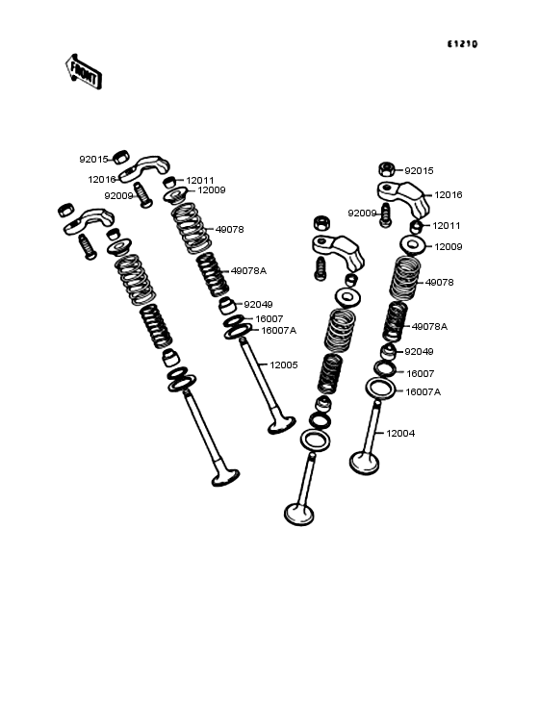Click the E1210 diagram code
tap(461, 44)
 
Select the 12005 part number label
tap(283, 365)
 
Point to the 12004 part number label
tap(400, 433)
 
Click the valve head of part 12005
tap(281, 423)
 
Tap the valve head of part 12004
tap(364, 463)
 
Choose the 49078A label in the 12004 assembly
tap(429, 326)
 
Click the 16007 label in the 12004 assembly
tap(420, 373)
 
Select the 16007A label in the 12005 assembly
tap(278, 330)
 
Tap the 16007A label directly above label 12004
tap(423, 391)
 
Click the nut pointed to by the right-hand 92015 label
tap(386, 170)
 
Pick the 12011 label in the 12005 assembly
tap(199, 180)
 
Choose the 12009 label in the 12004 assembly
tap(449, 247)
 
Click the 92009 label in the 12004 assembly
tap(362, 213)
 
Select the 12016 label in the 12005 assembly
tap(102, 179)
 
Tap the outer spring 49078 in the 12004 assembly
tap(405, 279)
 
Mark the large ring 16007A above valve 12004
tap(380, 389)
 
